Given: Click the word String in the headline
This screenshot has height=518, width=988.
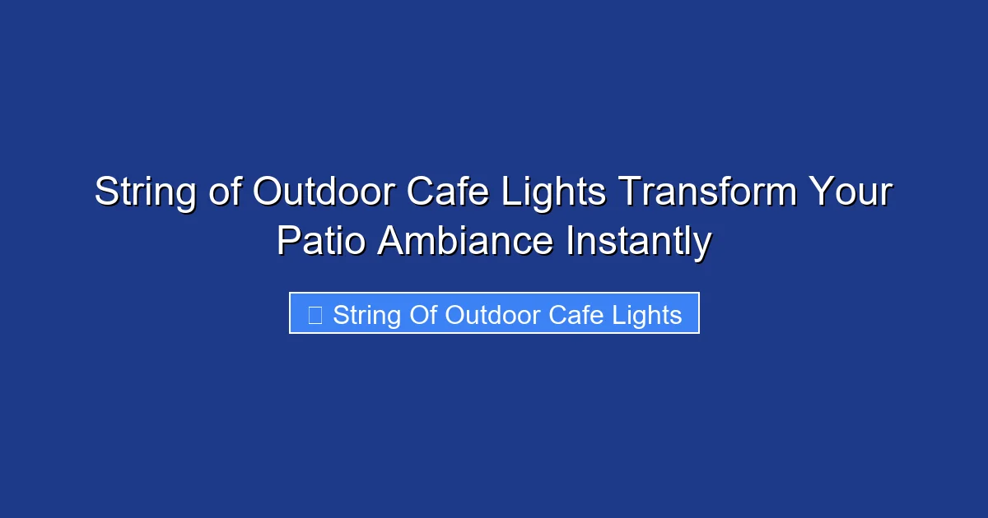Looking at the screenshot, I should coord(145,193).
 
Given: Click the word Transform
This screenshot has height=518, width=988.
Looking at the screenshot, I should coord(707,193).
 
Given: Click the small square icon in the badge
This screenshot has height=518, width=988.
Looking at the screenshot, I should coord(315,315).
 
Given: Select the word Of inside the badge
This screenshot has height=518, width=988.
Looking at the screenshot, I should coord(423,315).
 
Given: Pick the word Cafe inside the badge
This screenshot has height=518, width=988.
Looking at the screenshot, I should coord(579,315).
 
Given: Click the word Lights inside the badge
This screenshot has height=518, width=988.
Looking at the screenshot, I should coord(648,315).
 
